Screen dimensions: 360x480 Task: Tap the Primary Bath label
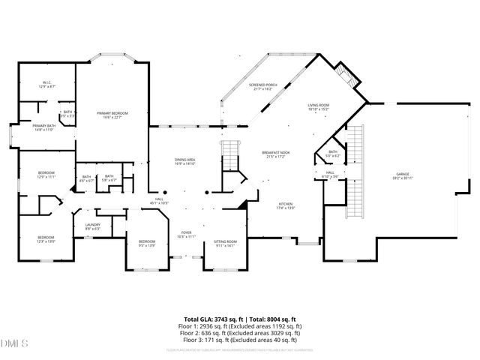coord(43,127)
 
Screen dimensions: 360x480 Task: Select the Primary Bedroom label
coord(112,115)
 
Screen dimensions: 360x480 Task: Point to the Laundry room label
coord(93,226)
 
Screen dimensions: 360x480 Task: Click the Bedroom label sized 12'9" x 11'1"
coord(46,175)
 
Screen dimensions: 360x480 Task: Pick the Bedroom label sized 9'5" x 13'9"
coord(147,243)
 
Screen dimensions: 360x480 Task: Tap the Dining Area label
coord(184,161)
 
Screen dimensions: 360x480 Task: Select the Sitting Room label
coord(225,243)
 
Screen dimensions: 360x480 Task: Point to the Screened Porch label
coord(262,87)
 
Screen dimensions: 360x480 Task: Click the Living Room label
coord(319,108)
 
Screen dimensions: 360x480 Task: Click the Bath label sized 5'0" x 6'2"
coord(332,154)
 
